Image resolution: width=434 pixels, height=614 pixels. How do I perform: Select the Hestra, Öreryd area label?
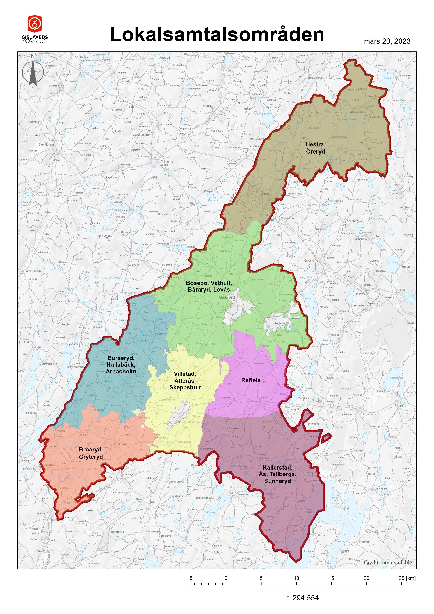coord(315,148)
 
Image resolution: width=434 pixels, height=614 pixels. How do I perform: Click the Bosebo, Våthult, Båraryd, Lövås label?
coord(209,286)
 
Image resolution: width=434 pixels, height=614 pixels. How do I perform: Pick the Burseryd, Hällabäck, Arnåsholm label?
coord(121,365)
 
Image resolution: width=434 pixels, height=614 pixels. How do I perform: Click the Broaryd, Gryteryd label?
coord(91,453)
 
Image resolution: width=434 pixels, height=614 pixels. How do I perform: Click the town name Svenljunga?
coord(46,144)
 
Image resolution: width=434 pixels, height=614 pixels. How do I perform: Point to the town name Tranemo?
coord(167,161)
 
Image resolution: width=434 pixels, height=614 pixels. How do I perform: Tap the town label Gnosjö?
coord(309,260)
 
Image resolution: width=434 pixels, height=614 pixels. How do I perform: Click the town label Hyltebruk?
coord(117,532)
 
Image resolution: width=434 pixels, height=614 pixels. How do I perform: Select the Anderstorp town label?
coord(281,323)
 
